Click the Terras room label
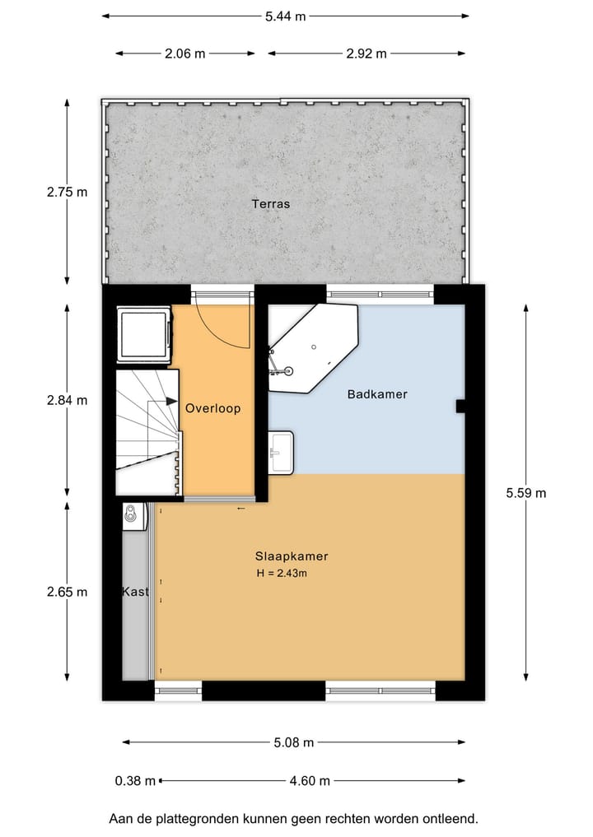[x=271, y=203]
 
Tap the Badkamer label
[x=377, y=394]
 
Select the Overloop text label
[x=212, y=408]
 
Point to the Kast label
[x=135, y=592]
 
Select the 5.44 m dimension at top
[x=285, y=16]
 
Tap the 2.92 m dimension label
[x=366, y=53]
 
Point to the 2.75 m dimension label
[x=67, y=192]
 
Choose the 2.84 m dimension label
[x=67, y=401]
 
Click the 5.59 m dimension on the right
[x=526, y=493]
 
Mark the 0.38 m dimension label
[x=135, y=781]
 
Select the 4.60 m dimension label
[x=310, y=781]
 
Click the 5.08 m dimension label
[x=294, y=742]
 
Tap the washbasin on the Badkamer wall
[x=281, y=452]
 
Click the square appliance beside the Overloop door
[x=143, y=333]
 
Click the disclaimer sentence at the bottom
[x=293, y=819]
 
